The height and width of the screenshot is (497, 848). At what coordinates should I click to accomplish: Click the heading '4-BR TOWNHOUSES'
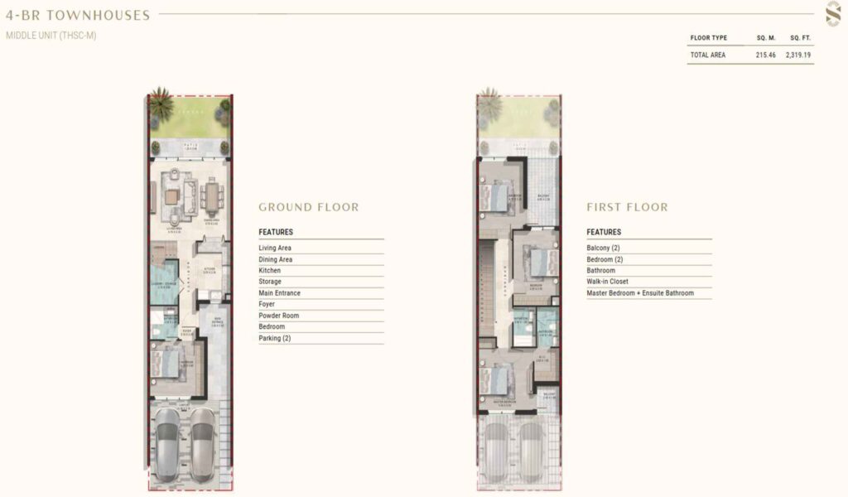(78, 15)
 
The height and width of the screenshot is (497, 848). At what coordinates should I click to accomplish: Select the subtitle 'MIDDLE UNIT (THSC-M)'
(51, 36)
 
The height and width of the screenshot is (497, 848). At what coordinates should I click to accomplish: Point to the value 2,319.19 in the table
(799, 55)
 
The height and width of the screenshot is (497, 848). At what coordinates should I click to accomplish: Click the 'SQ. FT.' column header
(799, 38)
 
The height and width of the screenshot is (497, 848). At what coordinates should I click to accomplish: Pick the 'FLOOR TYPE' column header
(708, 38)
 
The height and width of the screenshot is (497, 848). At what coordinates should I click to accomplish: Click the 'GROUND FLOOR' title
(309, 207)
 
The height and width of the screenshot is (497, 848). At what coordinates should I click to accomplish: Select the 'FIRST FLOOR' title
(627, 207)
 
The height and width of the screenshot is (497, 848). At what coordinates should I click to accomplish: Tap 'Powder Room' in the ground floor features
(278, 316)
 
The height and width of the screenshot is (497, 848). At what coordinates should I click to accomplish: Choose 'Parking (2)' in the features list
(274, 338)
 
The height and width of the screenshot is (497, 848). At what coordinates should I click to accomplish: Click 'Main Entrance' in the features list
(279, 293)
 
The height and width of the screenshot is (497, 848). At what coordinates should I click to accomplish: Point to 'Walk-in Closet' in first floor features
(607, 282)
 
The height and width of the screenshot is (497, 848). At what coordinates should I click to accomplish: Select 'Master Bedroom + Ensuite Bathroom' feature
(640, 293)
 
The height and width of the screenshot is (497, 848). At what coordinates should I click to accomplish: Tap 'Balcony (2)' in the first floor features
(603, 248)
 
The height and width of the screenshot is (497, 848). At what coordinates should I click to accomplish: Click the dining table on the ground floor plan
(212, 196)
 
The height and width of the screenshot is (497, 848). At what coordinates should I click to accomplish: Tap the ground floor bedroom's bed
(168, 362)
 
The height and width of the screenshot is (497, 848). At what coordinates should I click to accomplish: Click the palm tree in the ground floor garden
(161, 106)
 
